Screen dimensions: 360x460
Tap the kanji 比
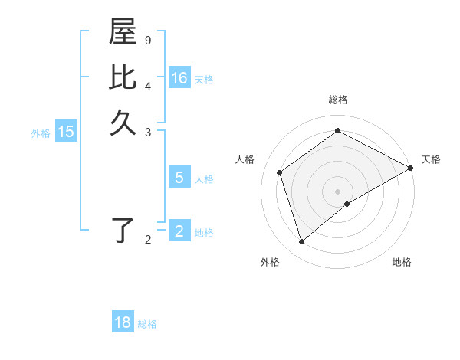pyautogui.click(x=123, y=77)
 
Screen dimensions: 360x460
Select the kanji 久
pyautogui.click(x=123, y=123)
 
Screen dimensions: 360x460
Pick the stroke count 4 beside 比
pyautogui.click(x=148, y=85)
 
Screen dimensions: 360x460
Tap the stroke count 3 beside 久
pyautogui.click(x=148, y=132)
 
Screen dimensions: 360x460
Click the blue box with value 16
pyautogui.click(x=179, y=78)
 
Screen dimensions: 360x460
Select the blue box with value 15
pyautogui.click(x=66, y=132)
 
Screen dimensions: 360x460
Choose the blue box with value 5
pyautogui.click(x=179, y=178)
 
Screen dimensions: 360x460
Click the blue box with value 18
pyautogui.click(x=123, y=322)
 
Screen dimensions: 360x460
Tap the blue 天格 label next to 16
pyautogui.click(x=204, y=80)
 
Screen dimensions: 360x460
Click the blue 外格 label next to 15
pyautogui.click(x=41, y=133)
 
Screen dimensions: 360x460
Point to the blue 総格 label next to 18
pyautogui.click(x=147, y=324)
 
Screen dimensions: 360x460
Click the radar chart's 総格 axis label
pyautogui.click(x=338, y=100)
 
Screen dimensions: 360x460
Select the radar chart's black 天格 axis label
pyautogui.click(x=431, y=159)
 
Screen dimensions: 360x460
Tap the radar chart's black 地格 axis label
pyautogui.click(x=402, y=262)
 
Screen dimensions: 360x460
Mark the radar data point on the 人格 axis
pyautogui.click(x=280, y=172)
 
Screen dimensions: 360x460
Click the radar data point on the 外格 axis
pyautogui.click(x=302, y=242)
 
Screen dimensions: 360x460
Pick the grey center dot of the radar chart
pyautogui.click(x=338, y=191)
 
